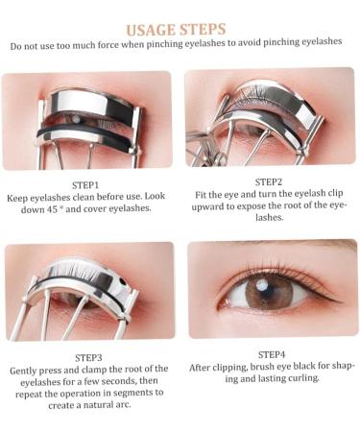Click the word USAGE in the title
(x=152, y=29)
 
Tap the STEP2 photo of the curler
(x=270, y=117)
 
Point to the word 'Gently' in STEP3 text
(x=25, y=370)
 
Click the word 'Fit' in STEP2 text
(x=201, y=194)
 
